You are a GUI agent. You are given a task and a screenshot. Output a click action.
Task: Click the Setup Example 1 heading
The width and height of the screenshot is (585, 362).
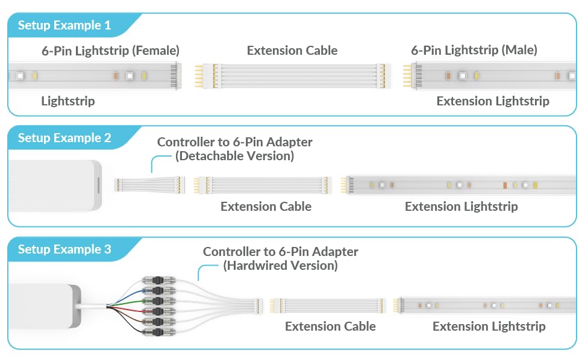click(64, 25)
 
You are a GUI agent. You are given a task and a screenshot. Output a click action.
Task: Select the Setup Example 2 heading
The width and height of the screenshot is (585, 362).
click(64, 138)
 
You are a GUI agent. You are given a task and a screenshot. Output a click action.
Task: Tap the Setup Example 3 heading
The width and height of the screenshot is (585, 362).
click(64, 249)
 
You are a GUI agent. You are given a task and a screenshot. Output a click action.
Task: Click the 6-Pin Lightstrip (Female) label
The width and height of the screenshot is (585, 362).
click(110, 51)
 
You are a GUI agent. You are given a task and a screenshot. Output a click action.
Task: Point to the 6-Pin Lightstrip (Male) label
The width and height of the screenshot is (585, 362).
click(474, 51)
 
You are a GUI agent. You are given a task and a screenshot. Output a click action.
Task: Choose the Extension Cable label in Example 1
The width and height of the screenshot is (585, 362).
click(292, 51)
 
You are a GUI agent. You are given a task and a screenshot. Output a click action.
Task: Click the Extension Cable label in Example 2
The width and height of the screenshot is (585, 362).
click(266, 207)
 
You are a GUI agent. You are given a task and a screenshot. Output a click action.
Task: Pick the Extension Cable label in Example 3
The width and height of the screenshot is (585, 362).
click(330, 326)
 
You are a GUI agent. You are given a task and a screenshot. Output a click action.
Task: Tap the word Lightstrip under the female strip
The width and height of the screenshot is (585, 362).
click(67, 101)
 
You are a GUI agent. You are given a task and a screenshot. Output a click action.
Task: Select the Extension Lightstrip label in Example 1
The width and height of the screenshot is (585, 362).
click(492, 101)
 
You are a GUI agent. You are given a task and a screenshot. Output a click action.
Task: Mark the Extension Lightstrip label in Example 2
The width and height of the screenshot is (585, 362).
click(461, 207)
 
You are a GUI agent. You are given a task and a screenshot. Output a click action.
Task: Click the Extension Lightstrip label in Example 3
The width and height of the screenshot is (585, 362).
click(489, 326)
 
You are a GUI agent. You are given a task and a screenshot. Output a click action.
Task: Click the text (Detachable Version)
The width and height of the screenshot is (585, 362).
click(234, 157)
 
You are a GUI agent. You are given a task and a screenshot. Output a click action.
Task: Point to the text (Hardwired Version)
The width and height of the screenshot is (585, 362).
click(280, 266)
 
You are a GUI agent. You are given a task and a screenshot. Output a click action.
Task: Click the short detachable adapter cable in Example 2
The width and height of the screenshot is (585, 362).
click(151, 185)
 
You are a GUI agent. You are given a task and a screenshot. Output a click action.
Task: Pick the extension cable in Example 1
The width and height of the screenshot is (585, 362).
click(292, 76)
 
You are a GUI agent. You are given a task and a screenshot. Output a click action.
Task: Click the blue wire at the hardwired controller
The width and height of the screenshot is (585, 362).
click(124, 292)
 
